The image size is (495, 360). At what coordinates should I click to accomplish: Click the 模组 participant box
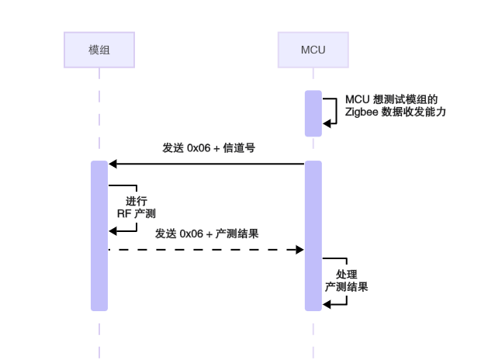99,50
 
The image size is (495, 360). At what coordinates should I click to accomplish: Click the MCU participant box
313,50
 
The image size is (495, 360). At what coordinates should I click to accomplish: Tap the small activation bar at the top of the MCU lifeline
313,113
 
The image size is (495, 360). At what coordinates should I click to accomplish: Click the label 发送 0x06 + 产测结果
206,234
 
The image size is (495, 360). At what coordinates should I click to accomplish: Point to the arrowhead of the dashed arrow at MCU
299,249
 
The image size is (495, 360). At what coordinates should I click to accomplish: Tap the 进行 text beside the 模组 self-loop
137,199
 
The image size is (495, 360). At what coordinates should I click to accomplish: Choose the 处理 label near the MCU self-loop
346,275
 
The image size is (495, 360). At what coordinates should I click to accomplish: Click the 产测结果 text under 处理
346,287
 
